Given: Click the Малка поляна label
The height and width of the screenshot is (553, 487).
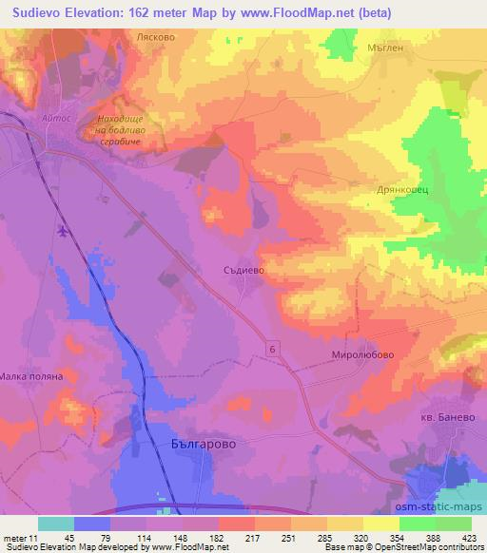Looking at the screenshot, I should click(31, 376).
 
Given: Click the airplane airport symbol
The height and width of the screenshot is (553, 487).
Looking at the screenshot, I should click(63, 230).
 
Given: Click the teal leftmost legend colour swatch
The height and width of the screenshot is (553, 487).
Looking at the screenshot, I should click(56, 524).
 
